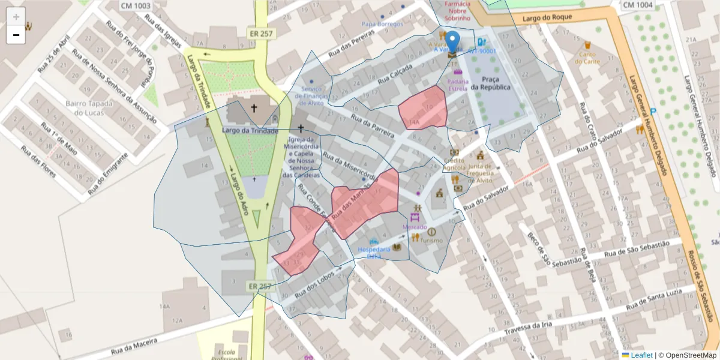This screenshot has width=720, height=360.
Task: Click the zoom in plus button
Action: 16,16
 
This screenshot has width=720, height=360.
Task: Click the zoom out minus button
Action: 16,35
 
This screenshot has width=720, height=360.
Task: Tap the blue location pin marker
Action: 454,42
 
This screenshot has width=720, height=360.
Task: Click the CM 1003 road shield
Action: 136,5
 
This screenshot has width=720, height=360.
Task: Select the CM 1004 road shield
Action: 637,5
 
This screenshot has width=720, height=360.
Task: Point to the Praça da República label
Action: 490,83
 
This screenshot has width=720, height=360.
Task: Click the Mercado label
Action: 415,227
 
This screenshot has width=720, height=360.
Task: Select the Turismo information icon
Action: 431,232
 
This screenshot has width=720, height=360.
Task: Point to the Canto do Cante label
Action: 587,58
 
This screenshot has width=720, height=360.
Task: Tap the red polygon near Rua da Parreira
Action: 424,108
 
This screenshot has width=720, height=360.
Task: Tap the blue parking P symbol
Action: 653,111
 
